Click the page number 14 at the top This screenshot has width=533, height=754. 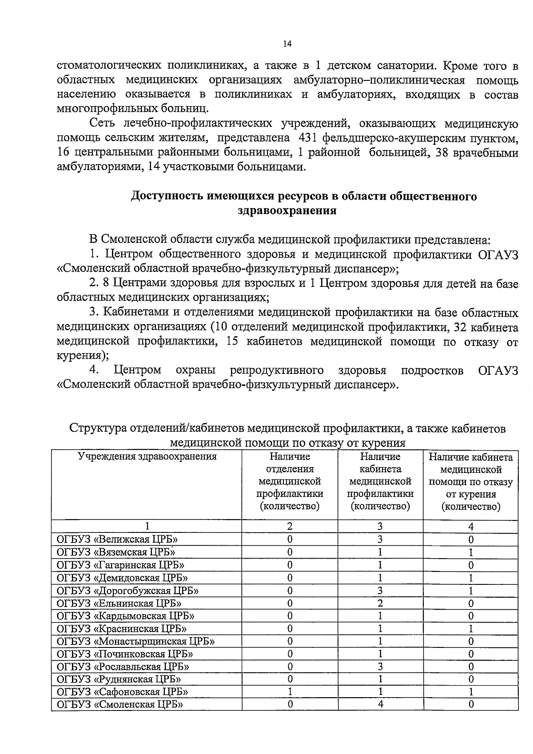[287, 43]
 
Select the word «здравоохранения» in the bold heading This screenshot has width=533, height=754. [287, 210]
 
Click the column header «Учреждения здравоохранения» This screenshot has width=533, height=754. [147, 456]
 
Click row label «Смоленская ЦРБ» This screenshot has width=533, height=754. [120, 705]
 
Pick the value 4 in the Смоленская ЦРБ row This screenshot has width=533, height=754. [380, 704]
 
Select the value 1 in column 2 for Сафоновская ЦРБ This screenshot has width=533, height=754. [290, 692]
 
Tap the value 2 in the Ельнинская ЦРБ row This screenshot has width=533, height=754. [380, 603]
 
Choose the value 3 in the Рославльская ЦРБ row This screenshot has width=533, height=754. [380, 667]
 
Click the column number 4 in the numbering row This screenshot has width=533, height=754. [471, 527]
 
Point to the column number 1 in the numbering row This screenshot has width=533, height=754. [147, 527]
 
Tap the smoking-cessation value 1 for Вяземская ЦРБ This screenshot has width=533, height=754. [471, 552]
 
